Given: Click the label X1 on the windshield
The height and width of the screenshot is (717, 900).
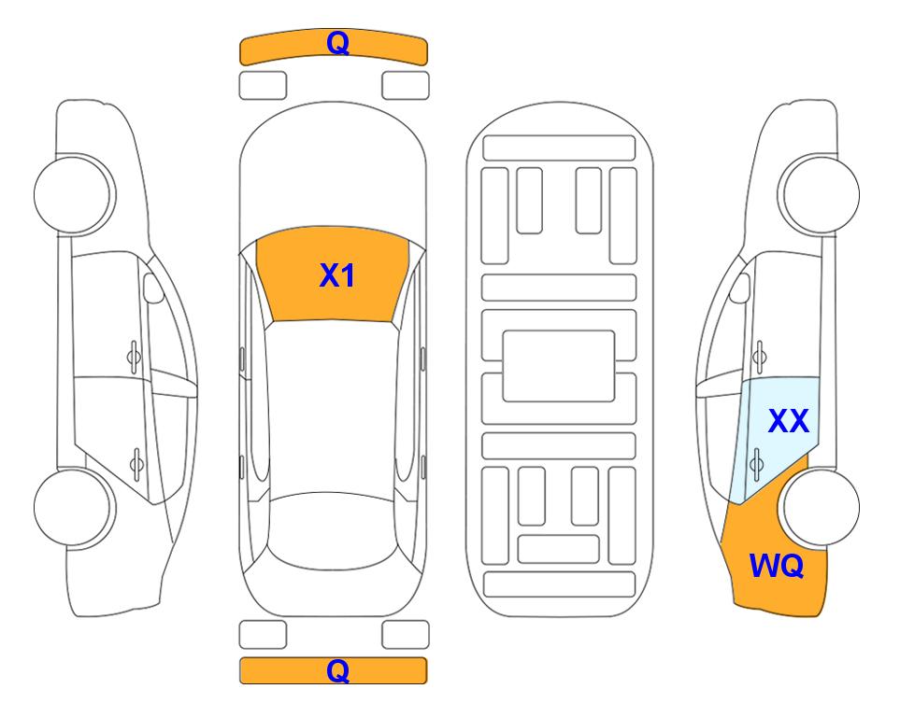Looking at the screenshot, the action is tap(337, 275).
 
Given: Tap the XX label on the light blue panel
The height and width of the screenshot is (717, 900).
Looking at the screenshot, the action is tap(789, 421).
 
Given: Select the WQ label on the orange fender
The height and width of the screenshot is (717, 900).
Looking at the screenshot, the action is tap(777, 566).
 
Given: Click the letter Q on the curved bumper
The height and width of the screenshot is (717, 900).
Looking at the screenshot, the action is tap(337, 43).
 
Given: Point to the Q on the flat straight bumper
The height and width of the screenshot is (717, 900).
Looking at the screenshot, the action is tap(337, 670).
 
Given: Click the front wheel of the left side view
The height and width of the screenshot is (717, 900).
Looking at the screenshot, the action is tap(74, 194).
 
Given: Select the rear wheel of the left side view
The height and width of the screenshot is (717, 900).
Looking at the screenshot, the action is tap(73, 507).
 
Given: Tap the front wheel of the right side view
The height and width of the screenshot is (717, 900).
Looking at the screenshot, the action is tap(819, 194).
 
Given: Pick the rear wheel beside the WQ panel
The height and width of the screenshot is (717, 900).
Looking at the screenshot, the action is tap(819, 507).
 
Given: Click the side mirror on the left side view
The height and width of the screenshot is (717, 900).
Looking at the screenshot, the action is tap(152, 288).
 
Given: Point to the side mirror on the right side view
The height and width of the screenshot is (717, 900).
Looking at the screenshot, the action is tap(740, 288).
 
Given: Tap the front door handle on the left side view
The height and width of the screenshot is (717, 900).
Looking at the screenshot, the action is tap(134, 357).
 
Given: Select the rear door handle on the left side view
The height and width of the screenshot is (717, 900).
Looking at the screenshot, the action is tap(136, 463).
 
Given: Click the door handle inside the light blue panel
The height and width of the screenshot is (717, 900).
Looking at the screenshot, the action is tap(756, 463).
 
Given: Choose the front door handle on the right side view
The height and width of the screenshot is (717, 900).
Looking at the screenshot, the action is tap(760, 357).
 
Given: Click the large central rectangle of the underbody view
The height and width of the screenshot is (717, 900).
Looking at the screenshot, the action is tap(559, 366).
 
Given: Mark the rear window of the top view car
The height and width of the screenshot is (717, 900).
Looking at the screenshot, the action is tap(333, 532).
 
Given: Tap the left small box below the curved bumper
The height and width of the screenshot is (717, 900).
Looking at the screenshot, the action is tap(263, 86).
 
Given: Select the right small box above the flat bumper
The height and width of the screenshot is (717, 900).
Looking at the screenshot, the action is tap(406, 635).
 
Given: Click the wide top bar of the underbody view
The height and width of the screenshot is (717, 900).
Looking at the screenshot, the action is tap(559, 148).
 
